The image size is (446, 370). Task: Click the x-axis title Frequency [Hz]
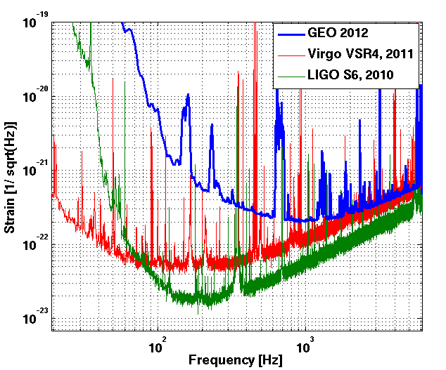coord(235,361)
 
